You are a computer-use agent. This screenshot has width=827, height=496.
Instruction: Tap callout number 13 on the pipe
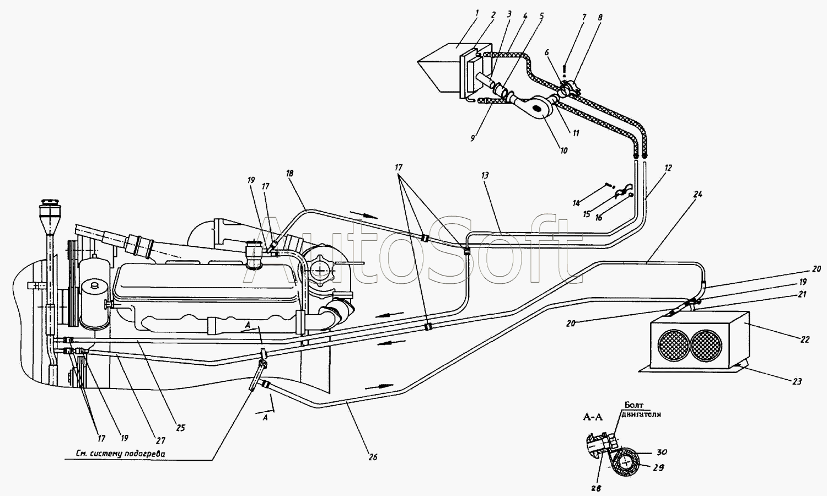(485, 175)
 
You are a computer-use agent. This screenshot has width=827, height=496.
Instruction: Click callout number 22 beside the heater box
(805, 340)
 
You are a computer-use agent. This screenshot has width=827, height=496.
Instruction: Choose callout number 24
(698, 194)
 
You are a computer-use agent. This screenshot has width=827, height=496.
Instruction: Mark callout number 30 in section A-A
(662, 452)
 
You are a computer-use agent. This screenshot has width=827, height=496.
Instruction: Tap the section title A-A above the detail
(593, 417)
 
